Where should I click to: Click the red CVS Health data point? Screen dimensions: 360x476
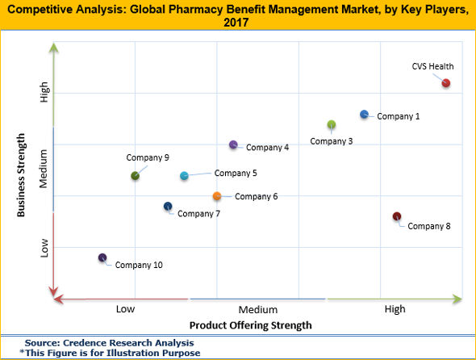point(446,83)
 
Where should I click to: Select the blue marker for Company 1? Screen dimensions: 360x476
point(364,115)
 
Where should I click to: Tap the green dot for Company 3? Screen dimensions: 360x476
point(332,124)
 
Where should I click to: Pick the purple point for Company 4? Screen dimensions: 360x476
point(233,145)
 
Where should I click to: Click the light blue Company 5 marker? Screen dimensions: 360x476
point(184,175)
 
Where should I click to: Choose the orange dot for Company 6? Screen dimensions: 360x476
point(217,196)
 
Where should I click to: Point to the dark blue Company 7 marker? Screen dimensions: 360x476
point(168,207)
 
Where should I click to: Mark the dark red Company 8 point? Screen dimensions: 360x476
point(396,216)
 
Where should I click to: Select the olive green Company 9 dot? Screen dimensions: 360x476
point(135,175)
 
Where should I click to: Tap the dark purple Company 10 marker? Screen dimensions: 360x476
point(102,258)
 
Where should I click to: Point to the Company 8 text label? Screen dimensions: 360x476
point(429,226)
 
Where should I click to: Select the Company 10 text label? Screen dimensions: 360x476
point(139,265)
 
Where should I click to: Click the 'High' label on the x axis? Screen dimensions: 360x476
point(395,309)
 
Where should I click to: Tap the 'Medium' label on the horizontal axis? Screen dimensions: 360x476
point(258,309)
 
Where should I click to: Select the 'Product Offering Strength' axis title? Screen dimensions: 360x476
point(250,325)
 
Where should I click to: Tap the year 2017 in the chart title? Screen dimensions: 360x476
point(238,23)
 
